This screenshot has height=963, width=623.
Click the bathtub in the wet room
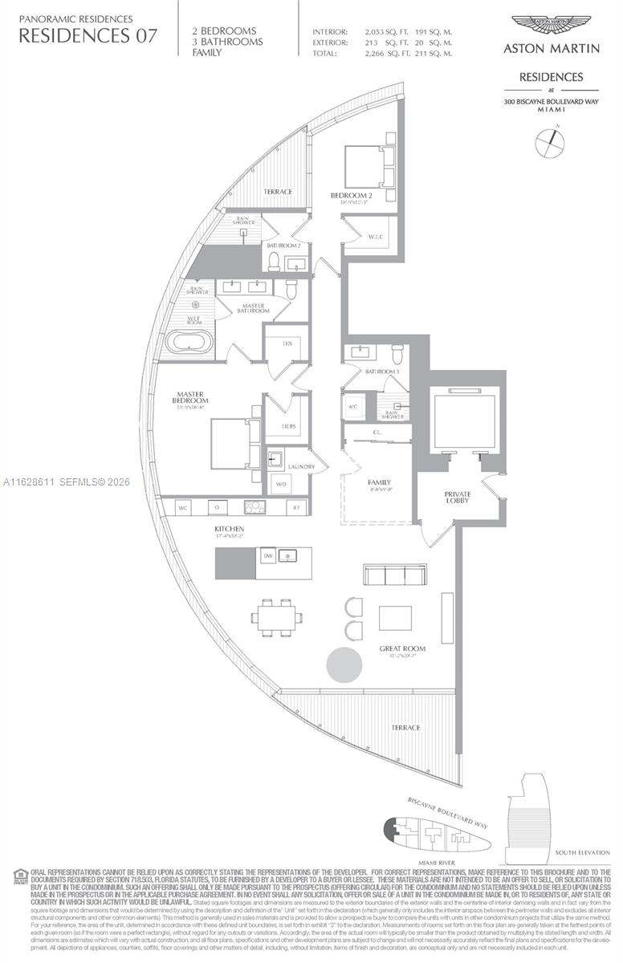(x=189, y=343)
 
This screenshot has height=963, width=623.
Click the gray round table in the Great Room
(x=344, y=664)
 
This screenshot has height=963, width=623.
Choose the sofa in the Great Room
(x=395, y=575)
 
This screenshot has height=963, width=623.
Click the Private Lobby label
(x=458, y=497)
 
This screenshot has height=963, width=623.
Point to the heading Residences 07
(x=88, y=35)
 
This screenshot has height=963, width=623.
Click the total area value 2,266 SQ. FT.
(x=381, y=54)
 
